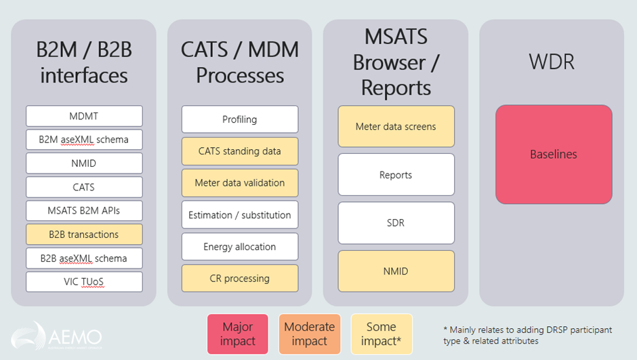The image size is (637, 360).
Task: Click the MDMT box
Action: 84,116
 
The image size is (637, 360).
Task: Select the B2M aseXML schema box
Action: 84,140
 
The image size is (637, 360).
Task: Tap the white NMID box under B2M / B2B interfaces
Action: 84,163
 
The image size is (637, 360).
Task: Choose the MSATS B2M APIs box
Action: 84,211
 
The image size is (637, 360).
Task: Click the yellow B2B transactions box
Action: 84,235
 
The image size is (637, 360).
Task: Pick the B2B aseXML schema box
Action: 84,258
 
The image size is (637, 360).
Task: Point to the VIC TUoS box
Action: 84,282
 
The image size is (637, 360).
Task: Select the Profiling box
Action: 240,119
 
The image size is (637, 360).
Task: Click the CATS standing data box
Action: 240,151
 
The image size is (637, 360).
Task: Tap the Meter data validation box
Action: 240,182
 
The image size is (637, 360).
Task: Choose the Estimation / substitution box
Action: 240,215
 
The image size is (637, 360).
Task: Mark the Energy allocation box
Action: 240,247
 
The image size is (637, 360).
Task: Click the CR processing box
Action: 240,279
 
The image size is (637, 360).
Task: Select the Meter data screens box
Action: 396,127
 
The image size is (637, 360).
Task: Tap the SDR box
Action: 396,223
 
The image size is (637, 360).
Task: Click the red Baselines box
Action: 554,155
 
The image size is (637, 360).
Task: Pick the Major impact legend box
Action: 237,334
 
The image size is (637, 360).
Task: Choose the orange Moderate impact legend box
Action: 309,334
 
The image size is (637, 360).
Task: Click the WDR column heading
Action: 552,62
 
